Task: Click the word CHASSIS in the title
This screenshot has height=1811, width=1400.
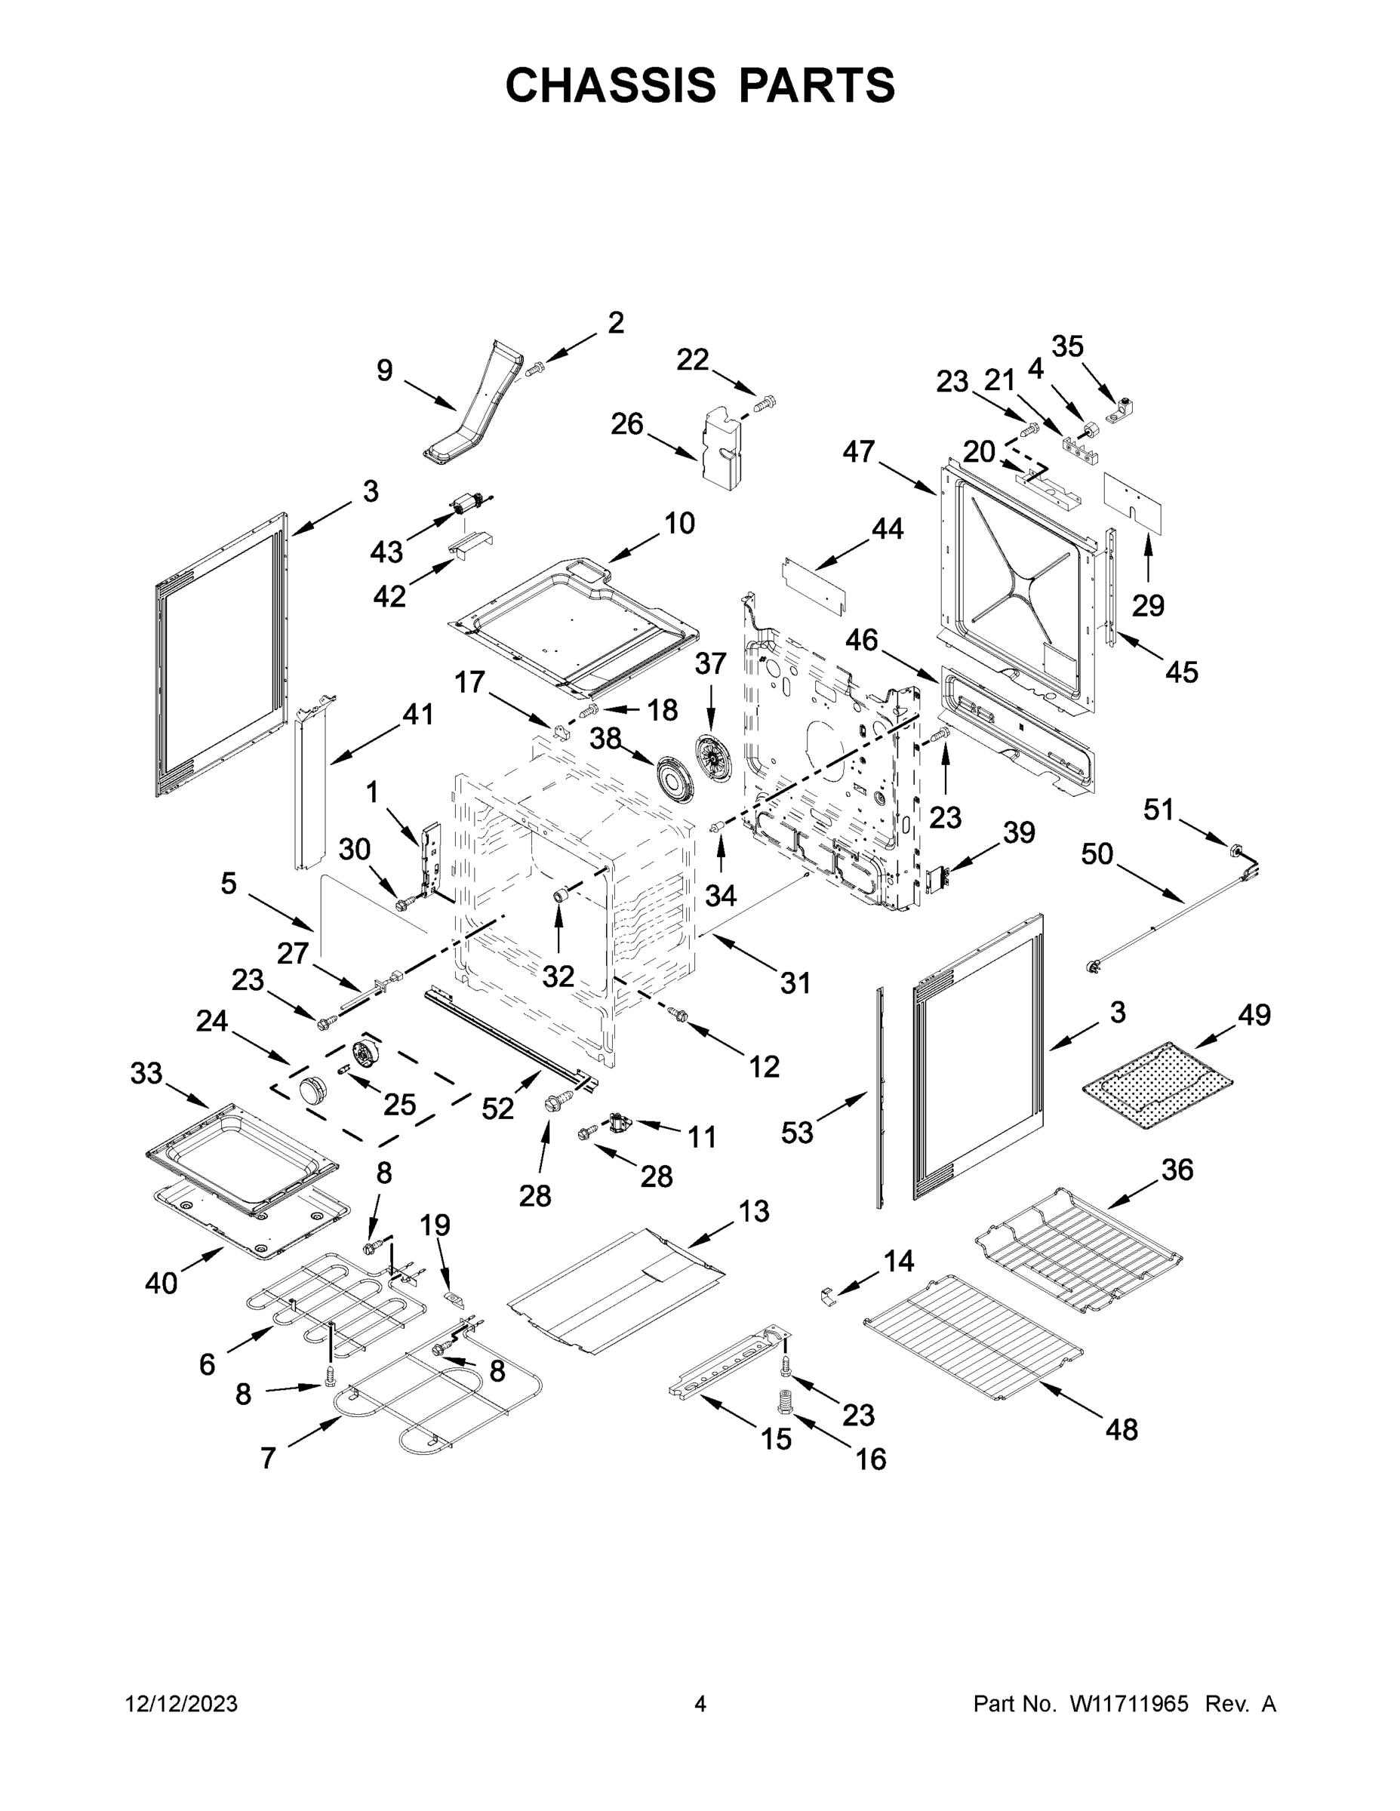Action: pyautogui.click(x=611, y=85)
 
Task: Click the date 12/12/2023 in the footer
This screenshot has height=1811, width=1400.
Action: pyautogui.click(x=182, y=1704)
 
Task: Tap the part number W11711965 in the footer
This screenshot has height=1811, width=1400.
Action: pyautogui.click(x=1129, y=1704)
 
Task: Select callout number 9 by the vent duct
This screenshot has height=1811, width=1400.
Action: pyautogui.click(x=384, y=371)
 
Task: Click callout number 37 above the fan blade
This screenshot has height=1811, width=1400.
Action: pyautogui.click(x=710, y=663)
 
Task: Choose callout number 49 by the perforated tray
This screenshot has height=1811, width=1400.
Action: pyautogui.click(x=1254, y=1014)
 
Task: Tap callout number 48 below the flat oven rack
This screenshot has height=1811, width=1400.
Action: pyautogui.click(x=1122, y=1430)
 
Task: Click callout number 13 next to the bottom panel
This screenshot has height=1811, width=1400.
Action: pyautogui.click(x=753, y=1211)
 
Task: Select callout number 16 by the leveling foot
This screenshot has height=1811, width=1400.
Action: pyautogui.click(x=870, y=1459)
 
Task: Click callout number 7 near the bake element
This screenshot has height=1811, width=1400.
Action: pyautogui.click(x=268, y=1458)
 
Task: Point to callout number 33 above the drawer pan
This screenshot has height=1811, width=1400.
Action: pyautogui.click(x=146, y=1073)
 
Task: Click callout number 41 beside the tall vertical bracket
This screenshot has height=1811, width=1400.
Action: pyautogui.click(x=417, y=713)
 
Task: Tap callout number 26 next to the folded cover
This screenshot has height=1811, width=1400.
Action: pyautogui.click(x=627, y=424)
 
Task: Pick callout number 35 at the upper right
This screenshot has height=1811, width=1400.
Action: pyautogui.click(x=1067, y=346)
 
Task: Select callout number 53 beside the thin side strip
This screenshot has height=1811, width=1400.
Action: pyautogui.click(x=797, y=1132)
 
